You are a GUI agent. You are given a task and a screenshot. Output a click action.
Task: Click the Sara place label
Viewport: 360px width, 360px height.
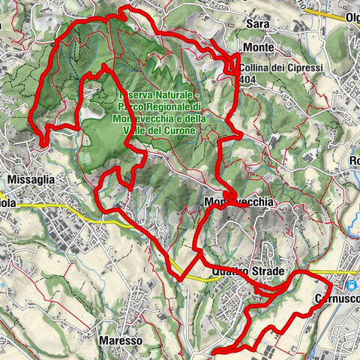tap(258, 24)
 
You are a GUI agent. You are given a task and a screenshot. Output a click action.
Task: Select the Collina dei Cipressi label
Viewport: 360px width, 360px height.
tap(271, 68)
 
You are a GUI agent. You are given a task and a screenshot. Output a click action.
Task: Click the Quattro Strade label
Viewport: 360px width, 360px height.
tap(238, 272)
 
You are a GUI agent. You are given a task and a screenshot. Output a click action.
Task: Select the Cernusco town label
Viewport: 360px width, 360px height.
tap(335, 296)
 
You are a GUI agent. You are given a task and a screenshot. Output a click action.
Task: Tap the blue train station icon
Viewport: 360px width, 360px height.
tap(351, 284)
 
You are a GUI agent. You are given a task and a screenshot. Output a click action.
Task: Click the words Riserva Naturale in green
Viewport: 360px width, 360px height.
tap(157, 97)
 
